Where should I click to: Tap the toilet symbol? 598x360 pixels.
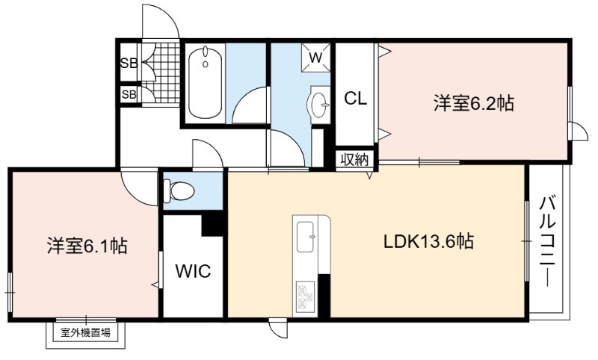[179, 190]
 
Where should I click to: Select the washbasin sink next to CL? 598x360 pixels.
[320, 103]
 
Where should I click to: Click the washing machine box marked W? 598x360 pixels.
[315, 58]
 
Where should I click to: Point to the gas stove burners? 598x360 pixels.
[305, 298]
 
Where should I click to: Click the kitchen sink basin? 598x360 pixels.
[306, 237]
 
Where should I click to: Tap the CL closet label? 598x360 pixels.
[355, 99]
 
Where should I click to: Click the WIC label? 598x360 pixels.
[193, 271]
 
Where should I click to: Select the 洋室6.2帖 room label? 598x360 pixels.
[473, 103]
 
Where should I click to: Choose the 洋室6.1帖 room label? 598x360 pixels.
[87, 246]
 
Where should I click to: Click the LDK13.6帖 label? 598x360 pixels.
[428, 241]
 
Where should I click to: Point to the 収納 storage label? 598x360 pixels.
[354, 160]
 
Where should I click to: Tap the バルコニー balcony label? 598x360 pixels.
[548, 241]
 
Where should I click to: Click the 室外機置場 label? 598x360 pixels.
[86, 332]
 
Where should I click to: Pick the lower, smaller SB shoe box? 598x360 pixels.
[129, 94]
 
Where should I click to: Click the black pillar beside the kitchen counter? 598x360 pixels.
[324, 296]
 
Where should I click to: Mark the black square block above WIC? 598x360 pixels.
[212, 224]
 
